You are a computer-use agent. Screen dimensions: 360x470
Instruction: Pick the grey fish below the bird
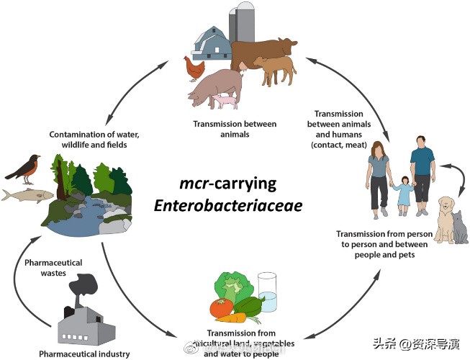point(28,194)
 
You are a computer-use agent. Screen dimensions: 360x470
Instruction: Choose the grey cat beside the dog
point(458,225)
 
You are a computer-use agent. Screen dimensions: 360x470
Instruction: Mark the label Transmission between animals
point(235,128)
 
